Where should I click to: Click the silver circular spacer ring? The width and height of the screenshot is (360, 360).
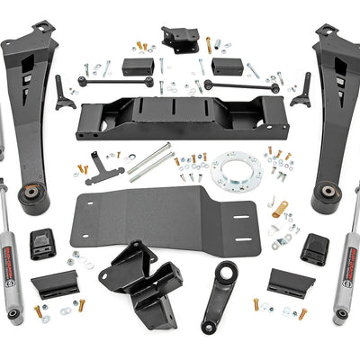click(x=237, y=169)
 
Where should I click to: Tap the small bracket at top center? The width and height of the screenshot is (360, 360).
click(x=180, y=39)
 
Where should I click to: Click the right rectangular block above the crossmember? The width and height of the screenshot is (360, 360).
click(x=226, y=66)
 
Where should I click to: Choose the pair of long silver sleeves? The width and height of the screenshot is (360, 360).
click(x=150, y=162)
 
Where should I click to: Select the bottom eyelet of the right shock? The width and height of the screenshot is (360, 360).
click(x=339, y=317)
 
